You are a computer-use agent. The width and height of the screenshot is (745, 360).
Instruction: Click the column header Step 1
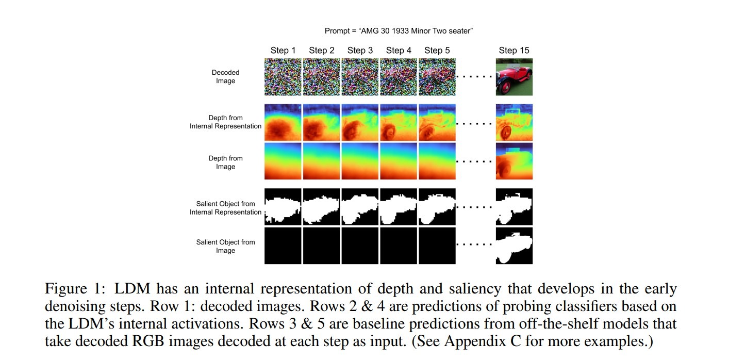coord(283,50)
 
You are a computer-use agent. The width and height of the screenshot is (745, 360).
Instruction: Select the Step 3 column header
coord(360,50)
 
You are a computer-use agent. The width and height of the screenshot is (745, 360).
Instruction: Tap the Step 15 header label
coord(514,50)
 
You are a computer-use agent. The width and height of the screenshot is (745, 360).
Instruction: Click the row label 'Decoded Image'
coord(226,76)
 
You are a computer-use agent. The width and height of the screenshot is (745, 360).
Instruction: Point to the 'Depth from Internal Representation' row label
coord(226,122)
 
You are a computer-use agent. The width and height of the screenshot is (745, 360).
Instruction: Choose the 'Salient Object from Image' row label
coord(226,246)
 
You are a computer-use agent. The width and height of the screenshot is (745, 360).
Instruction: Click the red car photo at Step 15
coord(514,77)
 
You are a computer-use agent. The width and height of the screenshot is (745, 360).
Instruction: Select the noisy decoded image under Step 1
coord(283,77)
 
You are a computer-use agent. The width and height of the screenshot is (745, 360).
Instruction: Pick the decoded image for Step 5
coord(437,77)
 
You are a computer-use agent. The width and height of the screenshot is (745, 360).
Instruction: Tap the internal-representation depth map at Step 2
coord(321,122)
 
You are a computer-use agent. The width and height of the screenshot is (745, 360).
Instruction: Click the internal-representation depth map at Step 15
coord(514,122)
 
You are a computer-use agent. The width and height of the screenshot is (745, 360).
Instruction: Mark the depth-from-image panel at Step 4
coord(399,161)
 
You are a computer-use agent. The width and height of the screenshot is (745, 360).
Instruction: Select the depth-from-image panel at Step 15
coord(514,161)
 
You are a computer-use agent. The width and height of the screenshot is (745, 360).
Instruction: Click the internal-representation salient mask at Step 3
coord(360,206)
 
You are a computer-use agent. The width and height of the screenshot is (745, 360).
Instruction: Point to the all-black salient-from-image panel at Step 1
coord(283,246)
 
